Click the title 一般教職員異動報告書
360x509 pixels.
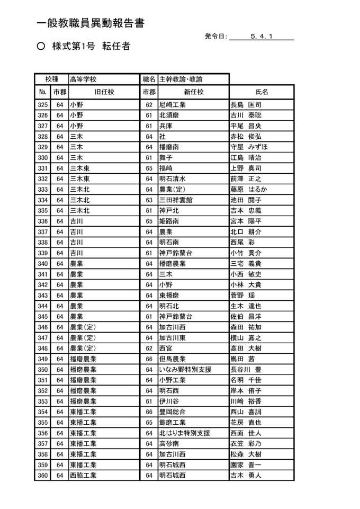91,23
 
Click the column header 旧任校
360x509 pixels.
104,92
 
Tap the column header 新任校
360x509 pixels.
193,92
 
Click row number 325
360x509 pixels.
43,105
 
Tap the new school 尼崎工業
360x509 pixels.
172,105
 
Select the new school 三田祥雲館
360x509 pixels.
176,200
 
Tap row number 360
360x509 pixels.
43,476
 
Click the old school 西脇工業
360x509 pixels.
83,476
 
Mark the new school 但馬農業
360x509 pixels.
172,359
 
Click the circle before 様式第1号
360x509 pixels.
41,47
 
